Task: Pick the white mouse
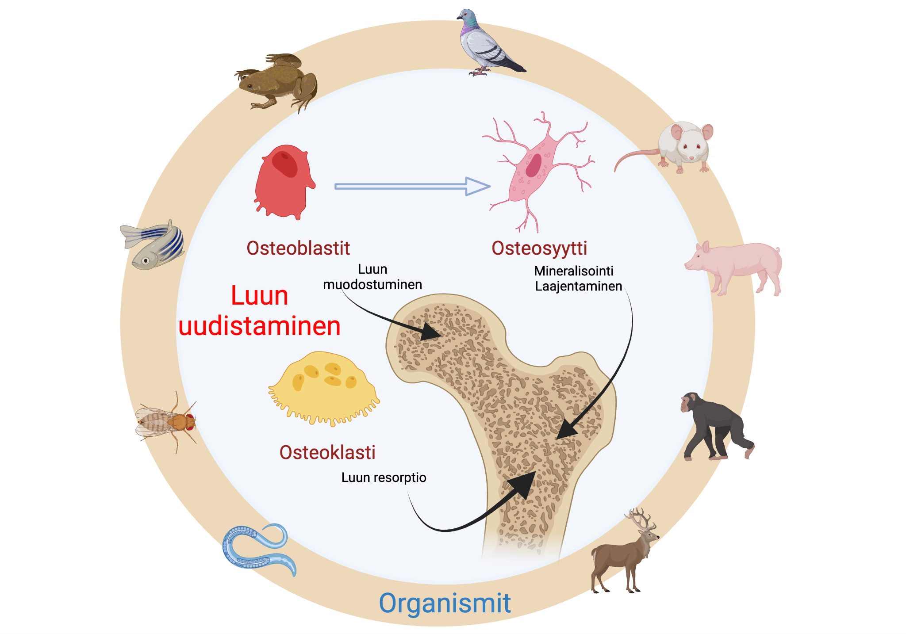(x=681, y=146)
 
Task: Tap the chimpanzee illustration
(x=712, y=424)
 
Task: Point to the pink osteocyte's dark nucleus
(x=534, y=165)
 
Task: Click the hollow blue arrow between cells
(x=411, y=187)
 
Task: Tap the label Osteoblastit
(x=298, y=248)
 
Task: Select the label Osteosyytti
(x=539, y=248)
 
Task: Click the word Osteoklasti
(x=327, y=452)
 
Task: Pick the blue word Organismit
(x=445, y=603)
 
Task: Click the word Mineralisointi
(x=573, y=271)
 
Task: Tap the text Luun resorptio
(x=384, y=477)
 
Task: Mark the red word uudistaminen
(x=259, y=326)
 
